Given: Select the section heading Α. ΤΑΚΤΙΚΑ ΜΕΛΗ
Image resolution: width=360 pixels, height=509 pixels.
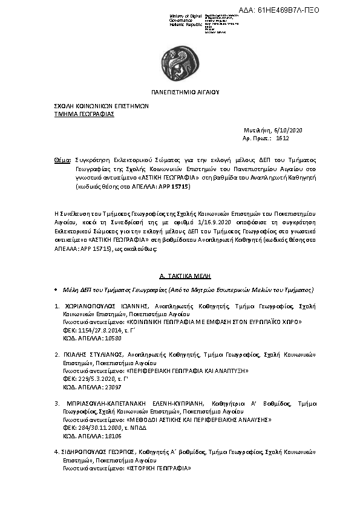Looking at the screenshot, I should [x=180, y=274].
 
